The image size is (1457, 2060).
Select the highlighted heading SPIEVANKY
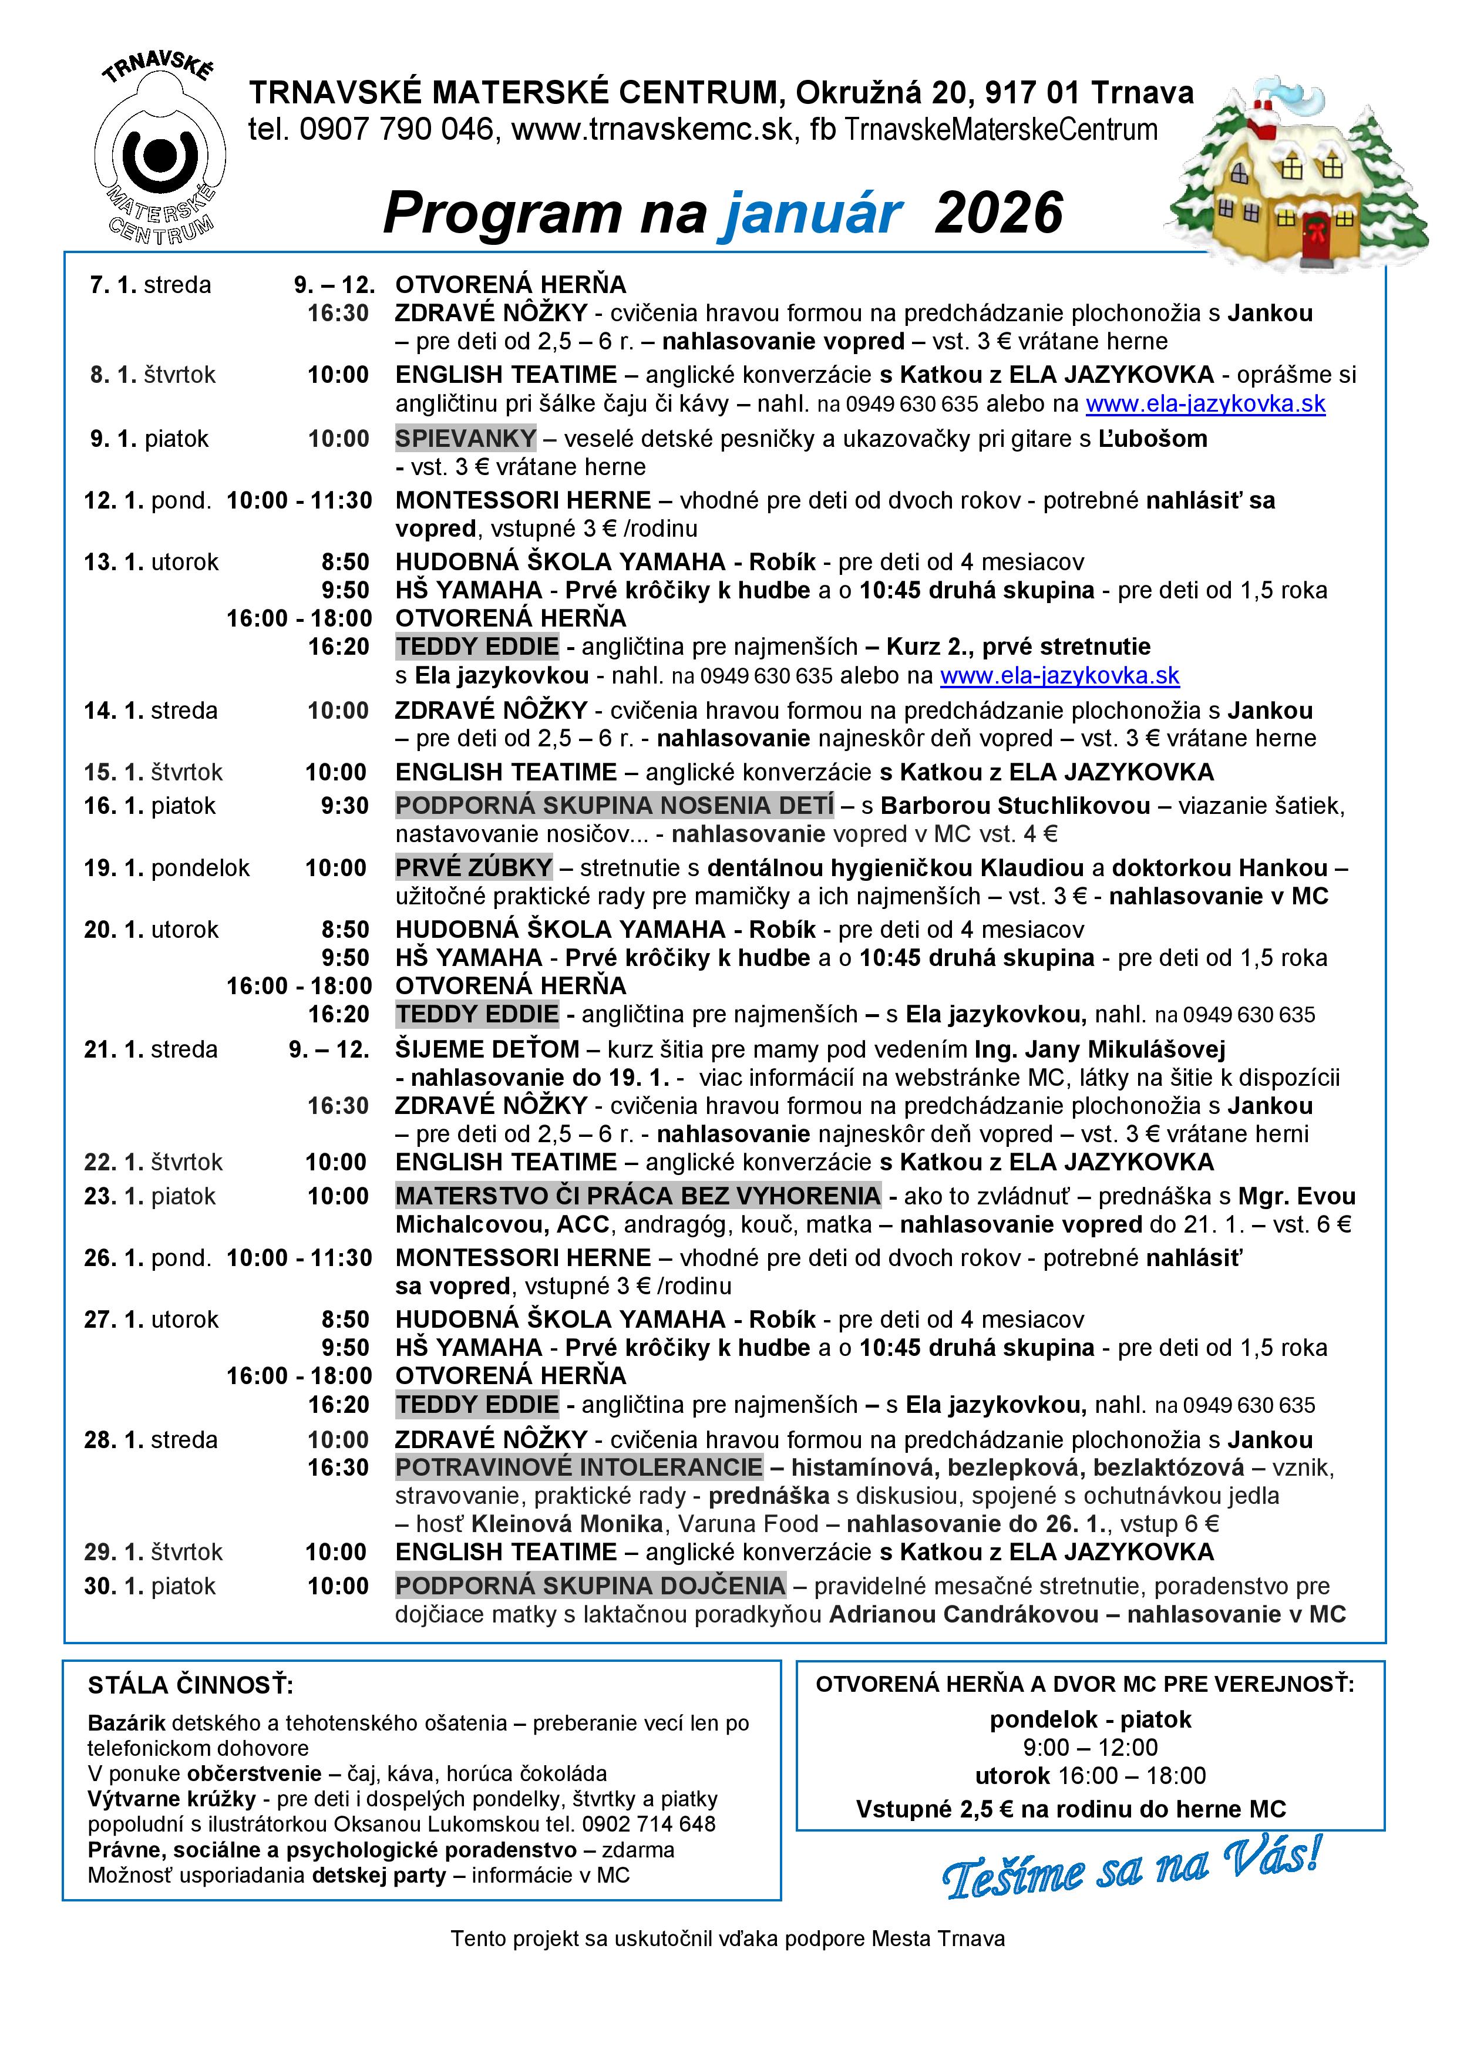[466, 439]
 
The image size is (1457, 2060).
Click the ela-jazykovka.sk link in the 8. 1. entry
[1205, 404]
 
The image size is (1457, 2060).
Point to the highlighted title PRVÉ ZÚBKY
[474, 867]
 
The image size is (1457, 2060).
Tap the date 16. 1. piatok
[150, 806]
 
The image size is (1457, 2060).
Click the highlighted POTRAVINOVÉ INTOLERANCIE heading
[578, 1468]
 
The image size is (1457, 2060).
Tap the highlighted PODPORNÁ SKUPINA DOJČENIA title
[590, 1586]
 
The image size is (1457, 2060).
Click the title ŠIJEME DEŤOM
[487, 1049]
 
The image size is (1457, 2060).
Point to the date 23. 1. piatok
[150, 1196]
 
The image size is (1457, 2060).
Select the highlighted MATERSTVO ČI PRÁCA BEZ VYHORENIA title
[638, 1196]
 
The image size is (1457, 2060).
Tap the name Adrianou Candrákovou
[964, 1614]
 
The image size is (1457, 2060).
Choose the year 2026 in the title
[998, 214]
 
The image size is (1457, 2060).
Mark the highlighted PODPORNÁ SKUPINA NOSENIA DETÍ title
[614, 806]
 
